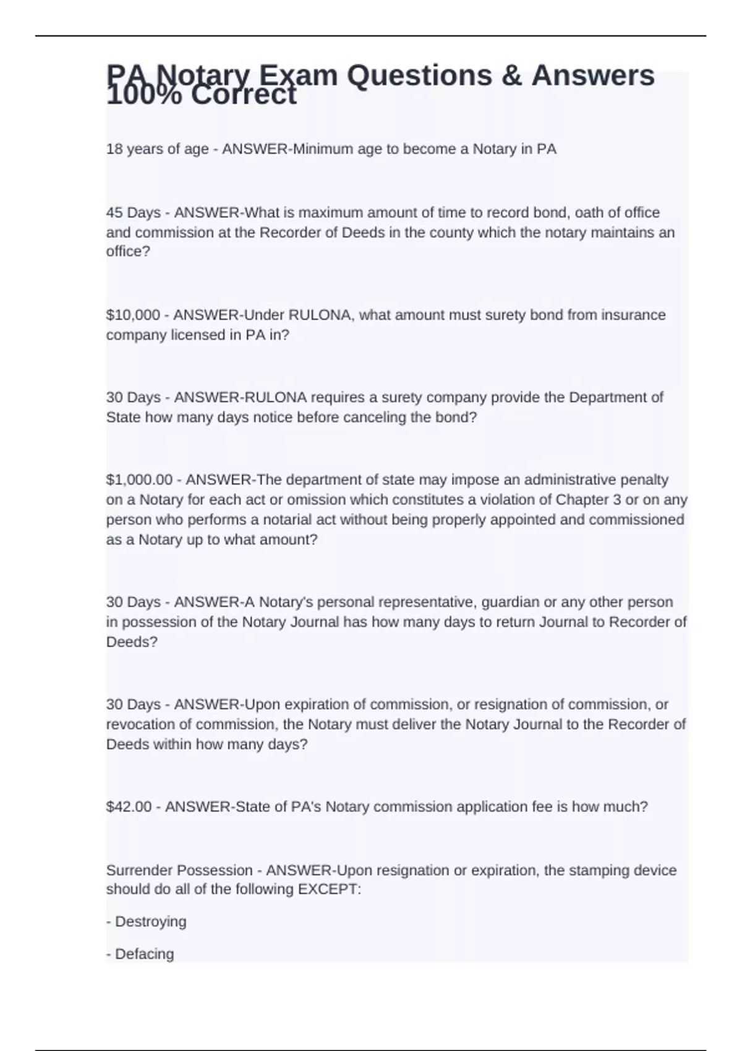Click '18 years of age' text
[x=157, y=149]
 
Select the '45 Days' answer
[x=133, y=213]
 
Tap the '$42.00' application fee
[x=129, y=807]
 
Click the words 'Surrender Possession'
[x=179, y=870]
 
